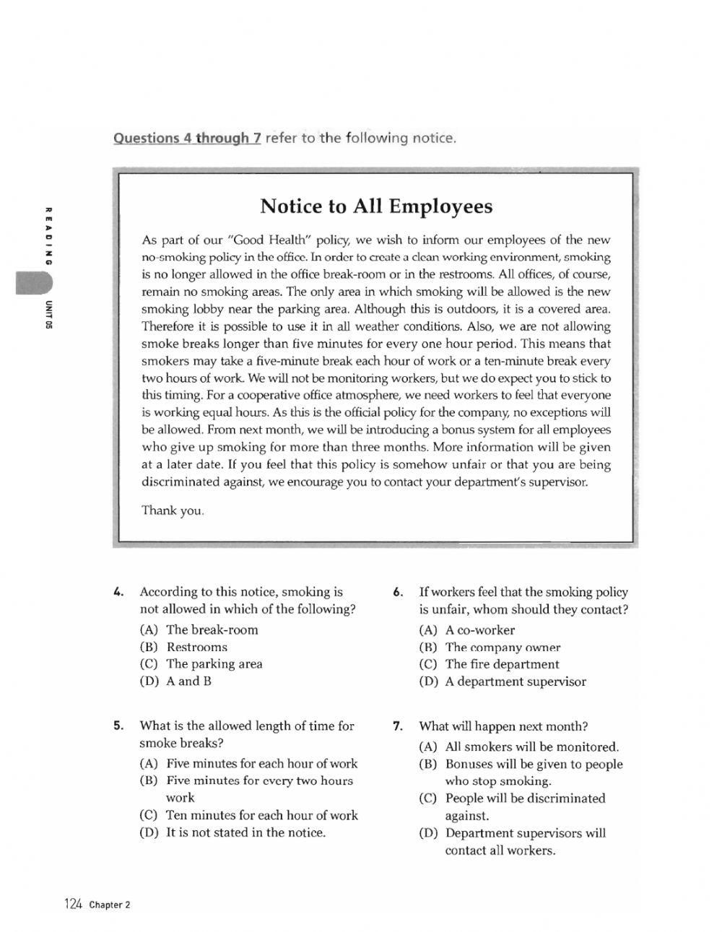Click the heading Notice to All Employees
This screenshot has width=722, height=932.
pyautogui.click(x=376, y=206)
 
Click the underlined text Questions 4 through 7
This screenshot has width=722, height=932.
pyautogui.click(x=186, y=137)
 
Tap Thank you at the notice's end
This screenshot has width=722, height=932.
pyautogui.click(x=173, y=510)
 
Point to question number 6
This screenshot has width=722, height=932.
pyautogui.click(x=398, y=592)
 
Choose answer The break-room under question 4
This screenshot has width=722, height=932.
pyautogui.click(x=212, y=630)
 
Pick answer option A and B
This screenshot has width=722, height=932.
pyautogui.click(x=188, y=681)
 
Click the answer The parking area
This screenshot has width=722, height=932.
pyautogui.click(x=214, y=663)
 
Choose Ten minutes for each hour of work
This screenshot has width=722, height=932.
pyautogui.click(x=261, y=815)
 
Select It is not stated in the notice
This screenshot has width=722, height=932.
pyautogui.click(x=245, y=832)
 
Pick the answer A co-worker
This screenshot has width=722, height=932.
pyautogui.click(x=479, y=630)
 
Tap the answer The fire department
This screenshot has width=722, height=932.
pyautogui.click(x=502, y=664)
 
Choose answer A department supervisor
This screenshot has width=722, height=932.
pyautogui.click(x=516, y=681)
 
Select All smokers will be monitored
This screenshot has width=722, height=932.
pyautogui.click(x=531, y=747)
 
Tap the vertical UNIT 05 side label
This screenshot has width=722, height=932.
pyautogui.click(x=48, y=313)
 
